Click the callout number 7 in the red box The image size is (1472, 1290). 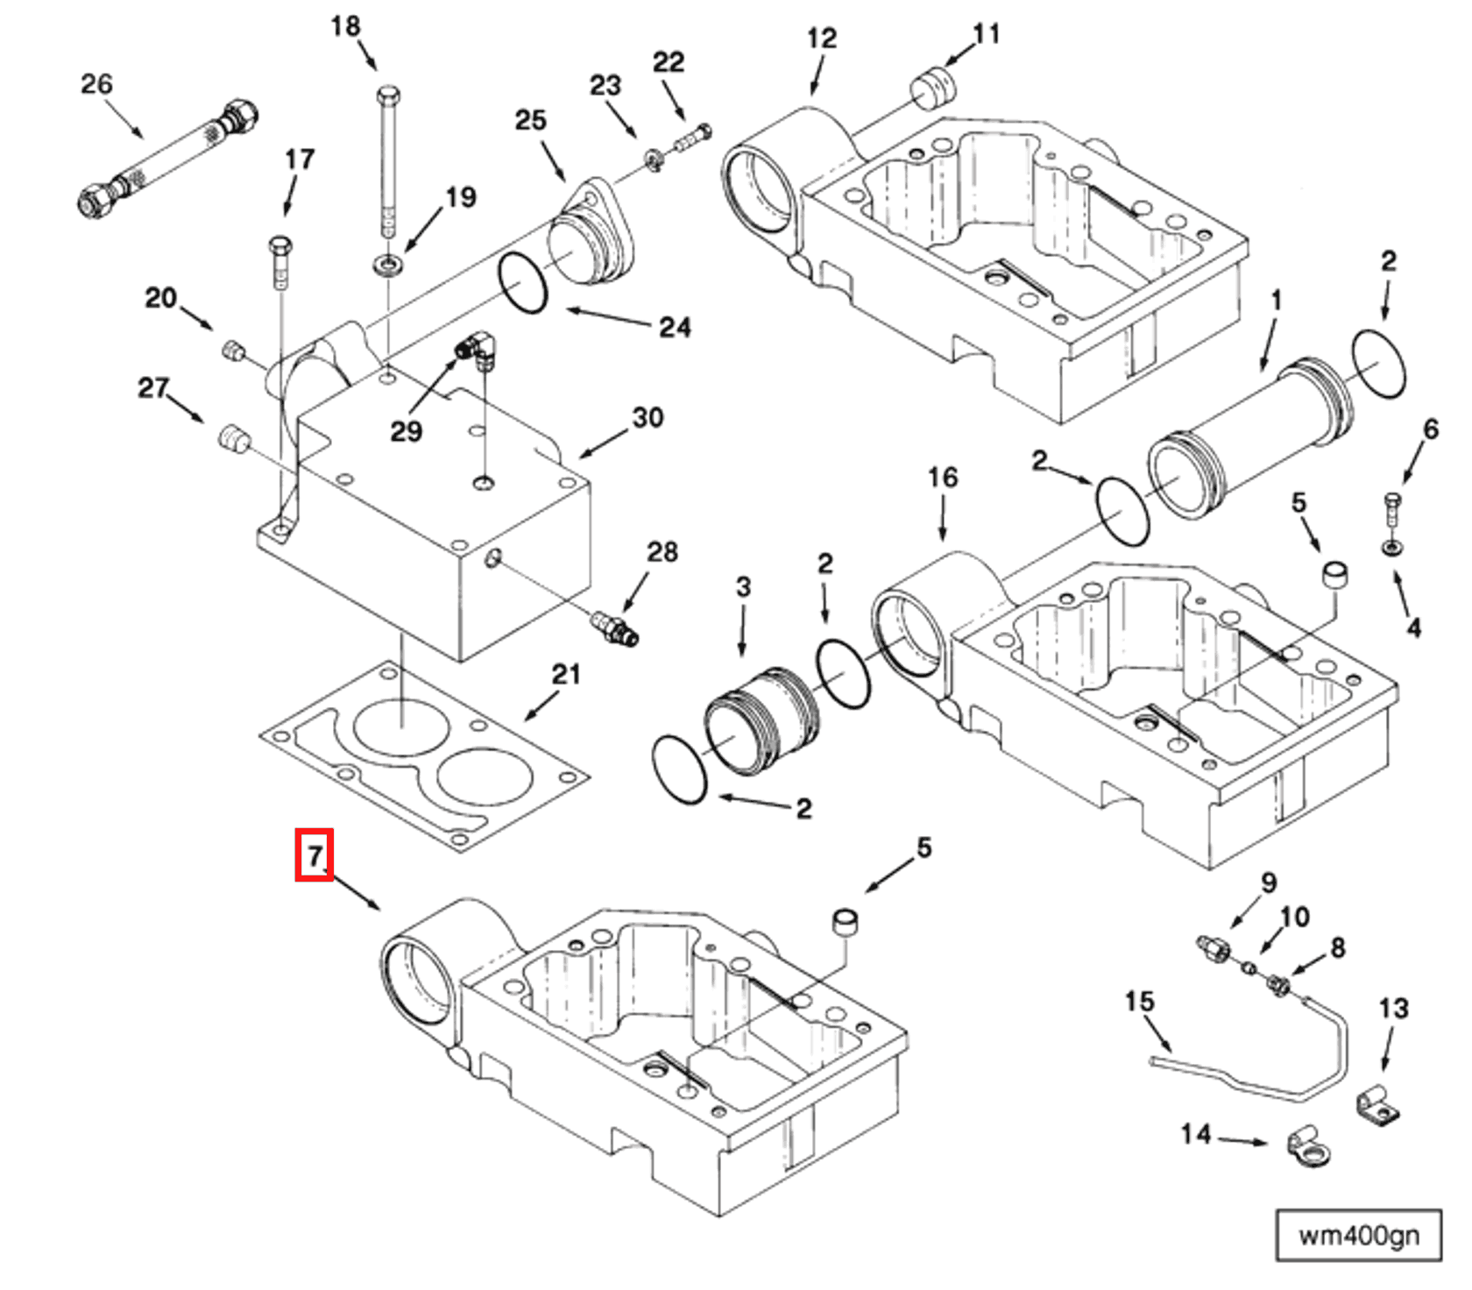tap(314, 854)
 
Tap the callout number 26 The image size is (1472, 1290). tap(96, 84)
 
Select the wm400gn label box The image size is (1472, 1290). tap(1357, 1236)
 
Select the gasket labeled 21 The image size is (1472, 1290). tap(424, 757)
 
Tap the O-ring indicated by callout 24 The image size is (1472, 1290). tap(523, 283)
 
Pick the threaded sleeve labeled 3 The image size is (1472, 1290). tap(762, 721)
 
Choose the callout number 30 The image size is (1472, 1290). tap(648, 418)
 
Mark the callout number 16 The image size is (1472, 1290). tap(943, 478)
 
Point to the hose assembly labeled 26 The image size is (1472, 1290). tap(166, 157)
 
